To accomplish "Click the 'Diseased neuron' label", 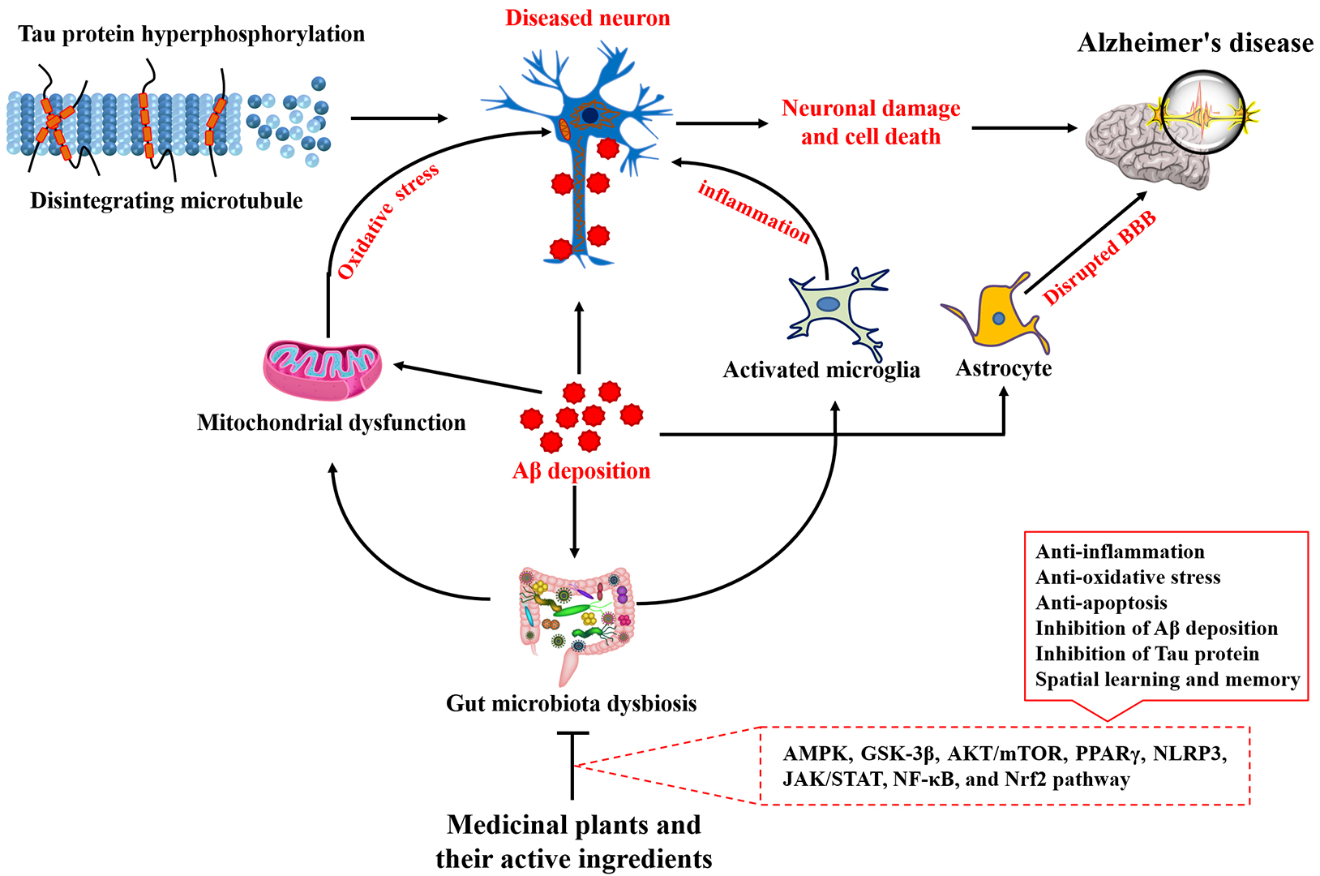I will (x=587, y=18).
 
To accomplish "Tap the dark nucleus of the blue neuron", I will (x=590, y=116).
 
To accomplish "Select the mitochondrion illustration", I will (x=323, y=370).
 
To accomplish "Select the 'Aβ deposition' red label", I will (x=581, y=470).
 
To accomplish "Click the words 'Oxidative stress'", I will (x=388, y=221).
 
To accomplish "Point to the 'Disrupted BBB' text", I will (x=1099, y=258).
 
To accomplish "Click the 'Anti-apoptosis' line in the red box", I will (x=1101, y=603).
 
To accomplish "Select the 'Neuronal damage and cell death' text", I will (x=871, y=122).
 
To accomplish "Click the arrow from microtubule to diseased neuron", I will (x=399, y=118).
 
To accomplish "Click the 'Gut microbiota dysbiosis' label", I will (x=571, y=702).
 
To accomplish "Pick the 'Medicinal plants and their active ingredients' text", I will (x=574, y=841).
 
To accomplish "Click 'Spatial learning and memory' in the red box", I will (x=1168, y=679).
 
